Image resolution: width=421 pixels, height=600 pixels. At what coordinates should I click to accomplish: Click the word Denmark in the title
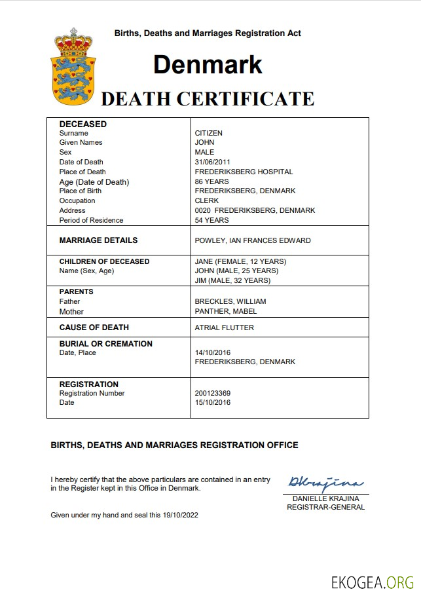208,64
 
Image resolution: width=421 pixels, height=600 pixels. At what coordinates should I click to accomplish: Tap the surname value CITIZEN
209,133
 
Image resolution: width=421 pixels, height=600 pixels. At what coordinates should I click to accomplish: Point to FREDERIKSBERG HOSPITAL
244,172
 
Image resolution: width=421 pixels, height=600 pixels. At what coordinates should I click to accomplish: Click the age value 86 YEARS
211,181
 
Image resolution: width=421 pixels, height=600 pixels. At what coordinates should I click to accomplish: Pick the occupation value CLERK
207,200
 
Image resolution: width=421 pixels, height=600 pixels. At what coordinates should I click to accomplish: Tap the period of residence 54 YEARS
211,220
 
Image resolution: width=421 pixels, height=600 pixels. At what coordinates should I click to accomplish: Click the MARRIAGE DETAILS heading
98,240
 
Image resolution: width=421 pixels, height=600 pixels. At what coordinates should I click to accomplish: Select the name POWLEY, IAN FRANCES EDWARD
253,240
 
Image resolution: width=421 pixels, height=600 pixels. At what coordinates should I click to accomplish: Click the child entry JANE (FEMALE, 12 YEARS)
240,261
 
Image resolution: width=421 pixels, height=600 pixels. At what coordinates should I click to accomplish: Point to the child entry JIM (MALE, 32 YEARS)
232,280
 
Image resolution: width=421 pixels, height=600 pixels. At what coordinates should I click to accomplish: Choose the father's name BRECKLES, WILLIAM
230,301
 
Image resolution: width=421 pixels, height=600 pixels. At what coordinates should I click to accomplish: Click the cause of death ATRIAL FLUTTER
224,328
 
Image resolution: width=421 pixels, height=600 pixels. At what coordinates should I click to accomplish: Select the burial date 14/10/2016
213,352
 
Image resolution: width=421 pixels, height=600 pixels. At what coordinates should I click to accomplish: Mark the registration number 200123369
213,393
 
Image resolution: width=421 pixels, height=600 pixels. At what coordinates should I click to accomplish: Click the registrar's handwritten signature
325,483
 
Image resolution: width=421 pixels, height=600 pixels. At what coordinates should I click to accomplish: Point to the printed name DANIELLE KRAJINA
325,499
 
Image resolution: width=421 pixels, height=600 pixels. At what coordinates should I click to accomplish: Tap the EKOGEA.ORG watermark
373,582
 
